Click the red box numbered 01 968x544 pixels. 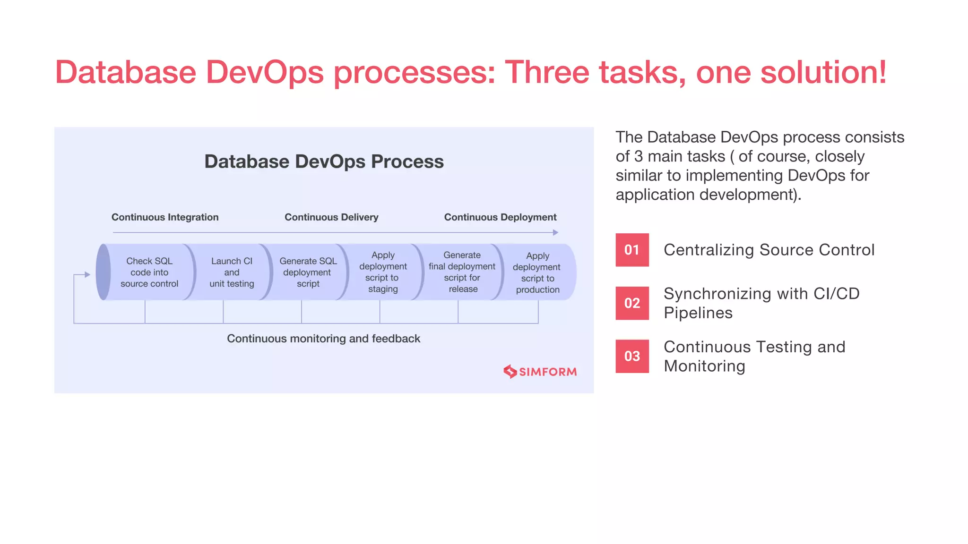pos(632,250)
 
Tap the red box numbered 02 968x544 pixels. pos(632,303)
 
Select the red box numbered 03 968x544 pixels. pos(632,356)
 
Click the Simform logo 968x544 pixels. pos(540,372)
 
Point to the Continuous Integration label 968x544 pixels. pos(165,217)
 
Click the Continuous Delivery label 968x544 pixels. pos(331,217)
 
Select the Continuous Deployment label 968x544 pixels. pos(500,217)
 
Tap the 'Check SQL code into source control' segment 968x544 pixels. pos(149,272)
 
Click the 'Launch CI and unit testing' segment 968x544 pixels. pos(232,272)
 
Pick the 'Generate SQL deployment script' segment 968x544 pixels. pos(308,272)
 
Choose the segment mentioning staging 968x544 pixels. pos(383,272)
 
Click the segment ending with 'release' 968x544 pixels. pos(462,272)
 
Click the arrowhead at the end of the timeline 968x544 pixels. pos(555,232)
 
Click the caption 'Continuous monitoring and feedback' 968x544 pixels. pos(323,339)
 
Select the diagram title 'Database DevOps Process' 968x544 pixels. pos(324,161)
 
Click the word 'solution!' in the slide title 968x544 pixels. pos(823,72)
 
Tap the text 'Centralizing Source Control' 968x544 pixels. pos(769,250)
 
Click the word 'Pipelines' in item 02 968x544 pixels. pos(698,313)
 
